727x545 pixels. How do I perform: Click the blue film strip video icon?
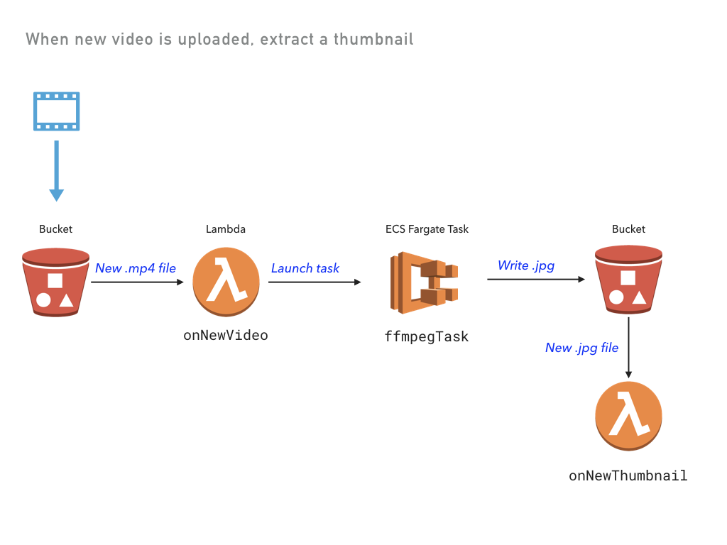(x=56, y=111)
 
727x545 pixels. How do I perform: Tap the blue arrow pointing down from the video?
(x=56, y=170)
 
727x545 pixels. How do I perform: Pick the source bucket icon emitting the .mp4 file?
(x=55, y=282)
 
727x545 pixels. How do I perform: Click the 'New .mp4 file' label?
(x=136, y=268)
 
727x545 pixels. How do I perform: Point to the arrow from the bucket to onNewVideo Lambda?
(x=137, y=282)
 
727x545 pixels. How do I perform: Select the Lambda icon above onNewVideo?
(x=226, y=282)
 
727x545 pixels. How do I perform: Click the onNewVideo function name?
(x=226, y=336)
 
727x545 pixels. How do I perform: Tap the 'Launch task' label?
(x=305, y=268)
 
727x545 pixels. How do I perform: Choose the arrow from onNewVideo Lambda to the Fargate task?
(x=314, y=282)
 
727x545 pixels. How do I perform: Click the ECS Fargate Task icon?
(x=424, y=282)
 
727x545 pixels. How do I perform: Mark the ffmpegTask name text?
(x=427, y=336)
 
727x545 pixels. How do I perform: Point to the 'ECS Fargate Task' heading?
(x=427, y=229)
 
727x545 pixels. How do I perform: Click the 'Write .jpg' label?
(x=526, y=265)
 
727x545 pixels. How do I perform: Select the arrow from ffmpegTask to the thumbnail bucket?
(x=536, y=280)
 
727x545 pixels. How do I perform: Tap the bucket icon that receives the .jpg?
(x=628, y=279)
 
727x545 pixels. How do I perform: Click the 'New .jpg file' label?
(x=581, y=348)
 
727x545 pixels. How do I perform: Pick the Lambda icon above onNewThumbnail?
(x=628, y=416)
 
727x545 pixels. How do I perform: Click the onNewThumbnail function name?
(x=628, y=475)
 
